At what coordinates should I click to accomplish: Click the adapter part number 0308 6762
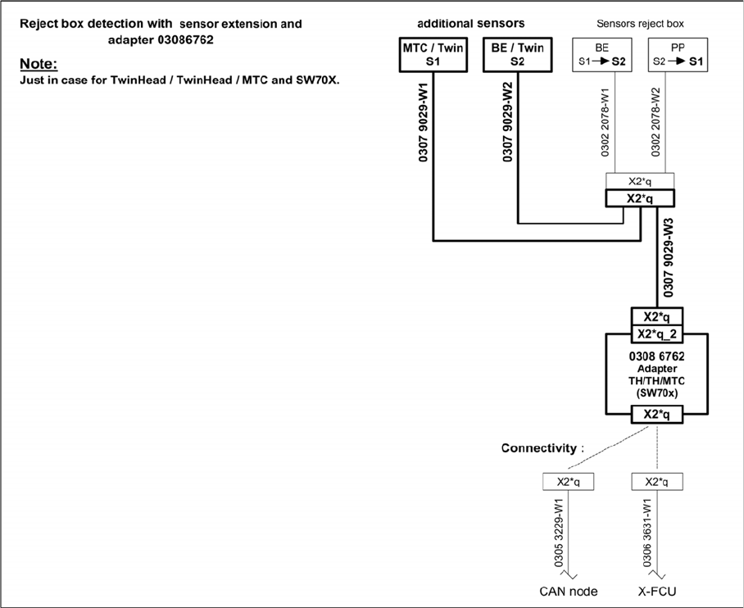click(x=656, y=357)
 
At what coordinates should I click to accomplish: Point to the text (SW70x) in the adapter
click(x=656, y=392)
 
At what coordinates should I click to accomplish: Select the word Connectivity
click(x=538, y=448)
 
